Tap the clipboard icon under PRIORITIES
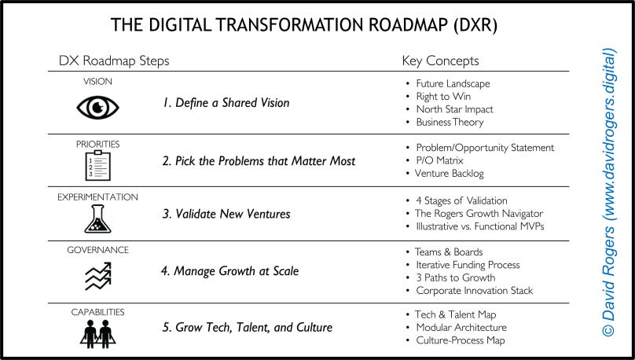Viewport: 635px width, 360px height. pyautogui.click(x=97, y=165)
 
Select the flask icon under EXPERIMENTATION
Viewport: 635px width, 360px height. pyautogui.click(x=97, y=219)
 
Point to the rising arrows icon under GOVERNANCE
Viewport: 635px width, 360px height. pyautogui.click(x=97, y=275)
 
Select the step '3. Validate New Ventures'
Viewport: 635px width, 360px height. pyautogui.click(x=226, y=215)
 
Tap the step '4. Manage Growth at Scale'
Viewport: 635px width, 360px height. pyautogui.click(x=230, y=272)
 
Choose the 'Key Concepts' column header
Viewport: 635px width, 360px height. pyautogui.click(x=440, y=61)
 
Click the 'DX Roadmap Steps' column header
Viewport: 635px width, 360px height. pyautogui.click(x=114, y=61)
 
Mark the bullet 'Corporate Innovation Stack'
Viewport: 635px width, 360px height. pyautogui.click(x=474, y=291)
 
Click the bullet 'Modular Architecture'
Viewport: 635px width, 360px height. pyautogui.click(x=461, y=327)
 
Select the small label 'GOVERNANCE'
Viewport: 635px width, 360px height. pyautogui.click(x=98, y=250)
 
